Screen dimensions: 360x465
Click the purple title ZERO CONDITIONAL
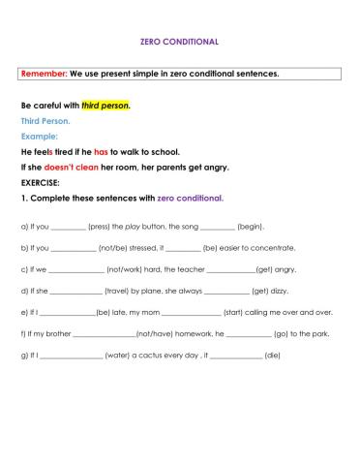(x=179, y=42)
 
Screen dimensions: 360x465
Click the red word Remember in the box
(x=45, y=74)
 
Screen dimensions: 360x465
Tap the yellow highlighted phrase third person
(x=106, y=105)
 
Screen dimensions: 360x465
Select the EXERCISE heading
(x=41, y=182)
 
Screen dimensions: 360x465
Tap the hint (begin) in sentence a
(x=251, y=226)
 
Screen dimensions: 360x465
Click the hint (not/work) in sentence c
(x=123, y=269)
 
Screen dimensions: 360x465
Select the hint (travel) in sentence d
(x=120, y=291)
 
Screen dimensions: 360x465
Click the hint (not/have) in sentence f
(x=155, y=334)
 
